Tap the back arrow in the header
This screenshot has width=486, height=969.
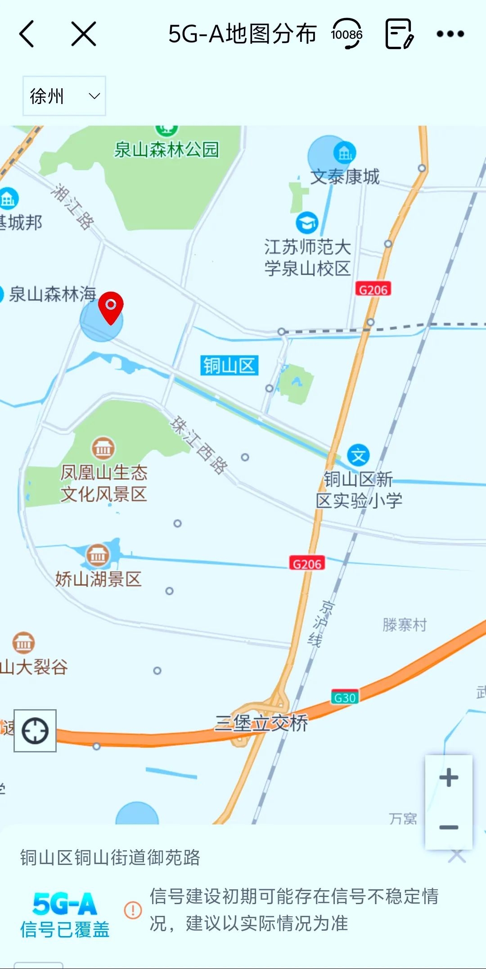tap(27, 34)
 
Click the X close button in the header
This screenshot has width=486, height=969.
tap(84, 34)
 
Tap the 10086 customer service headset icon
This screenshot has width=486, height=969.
tap(346, 34)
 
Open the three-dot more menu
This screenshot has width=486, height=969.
tap(450, 34)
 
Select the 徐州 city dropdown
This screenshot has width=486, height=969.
tap(64, 96)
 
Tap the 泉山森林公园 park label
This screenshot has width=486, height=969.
tap(166, 149)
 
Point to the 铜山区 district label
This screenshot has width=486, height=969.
tap(229, 366)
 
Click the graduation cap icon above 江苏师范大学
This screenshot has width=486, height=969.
tap(307, 222)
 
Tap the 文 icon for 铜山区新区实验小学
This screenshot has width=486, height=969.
tap(358, 456)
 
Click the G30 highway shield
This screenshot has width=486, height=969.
tap(345, 697)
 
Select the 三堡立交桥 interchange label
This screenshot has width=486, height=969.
tap(261, 723)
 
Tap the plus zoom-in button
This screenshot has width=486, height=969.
tap(449, 778)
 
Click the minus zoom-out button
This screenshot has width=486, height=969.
tap(449, 827)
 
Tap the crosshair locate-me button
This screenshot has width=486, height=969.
tap(35, 730)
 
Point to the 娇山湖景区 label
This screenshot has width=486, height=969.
tap(98, 579)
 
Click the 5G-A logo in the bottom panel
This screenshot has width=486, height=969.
tap(65, 903)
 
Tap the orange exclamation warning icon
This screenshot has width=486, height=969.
tap(133, 910)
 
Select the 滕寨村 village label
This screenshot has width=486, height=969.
tap(405, 625)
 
